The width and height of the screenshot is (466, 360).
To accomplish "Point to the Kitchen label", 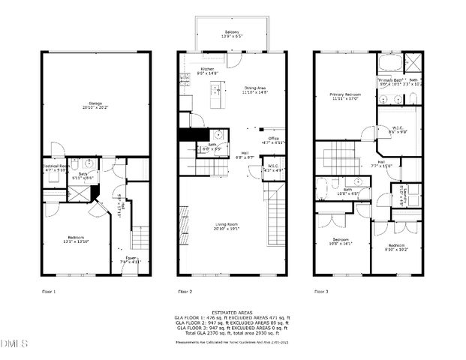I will coord(206,69).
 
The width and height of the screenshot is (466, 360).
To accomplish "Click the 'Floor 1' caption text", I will coord(49,291).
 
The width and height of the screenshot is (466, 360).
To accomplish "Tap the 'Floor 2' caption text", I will coord(185,291).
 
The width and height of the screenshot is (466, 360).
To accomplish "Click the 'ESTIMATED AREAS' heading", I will coord(232,312).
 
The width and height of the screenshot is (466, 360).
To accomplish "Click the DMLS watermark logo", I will coord(13,344).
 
